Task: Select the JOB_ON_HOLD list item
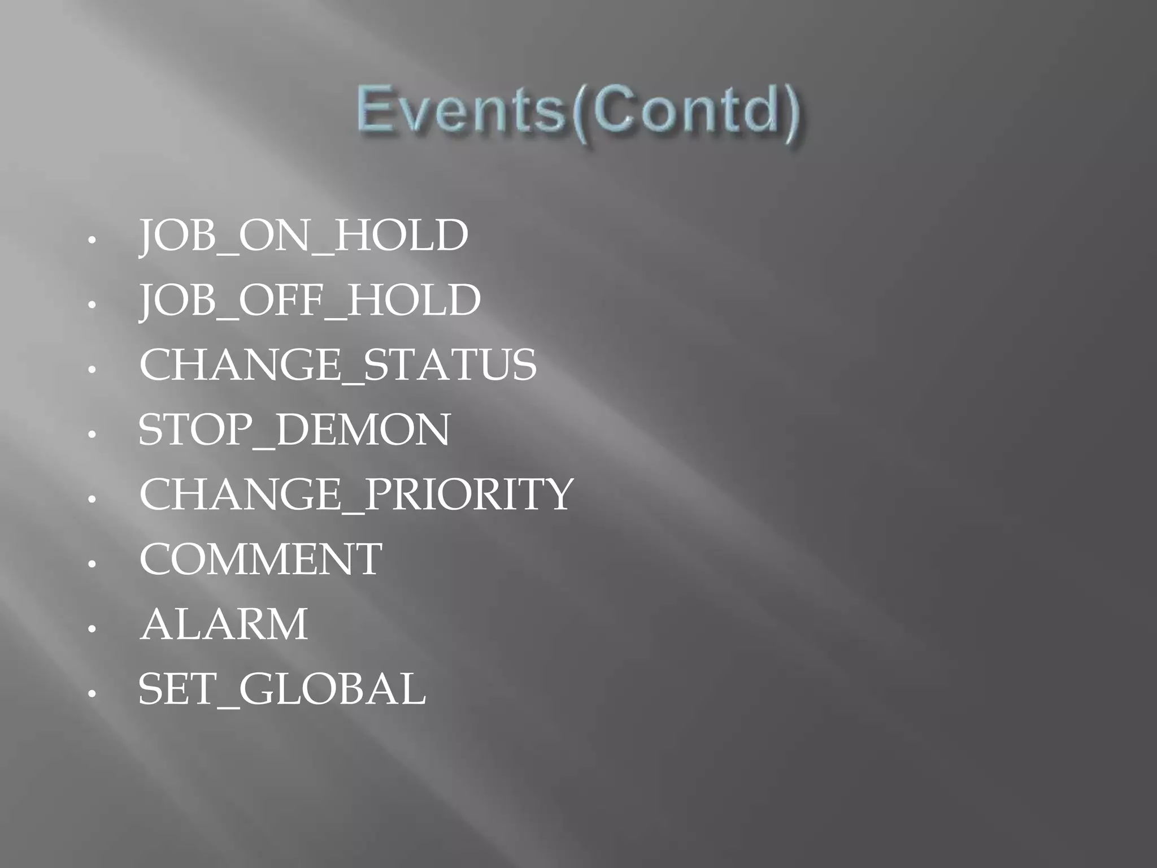[x=303, y=236]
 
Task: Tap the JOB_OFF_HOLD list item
[x=310, y=300]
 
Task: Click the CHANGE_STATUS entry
[x=337, y=365]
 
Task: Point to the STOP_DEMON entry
[x=294, y=430]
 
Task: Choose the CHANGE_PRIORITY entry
[x=356, y=494]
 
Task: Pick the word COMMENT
[x=260, y=559]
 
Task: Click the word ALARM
[x=224, y=624]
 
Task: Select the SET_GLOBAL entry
[x=282, y=689]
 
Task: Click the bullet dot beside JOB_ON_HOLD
[x=93, y=240]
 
